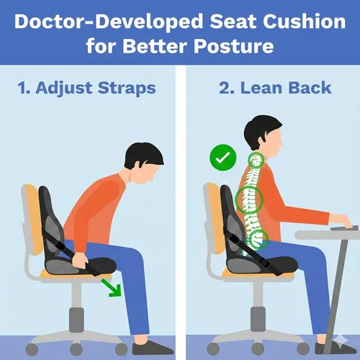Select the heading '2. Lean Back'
[274, 88]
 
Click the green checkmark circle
[220, 156]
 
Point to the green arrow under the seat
[110, 287]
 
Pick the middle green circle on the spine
[250, 197]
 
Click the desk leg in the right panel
[337, 295]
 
